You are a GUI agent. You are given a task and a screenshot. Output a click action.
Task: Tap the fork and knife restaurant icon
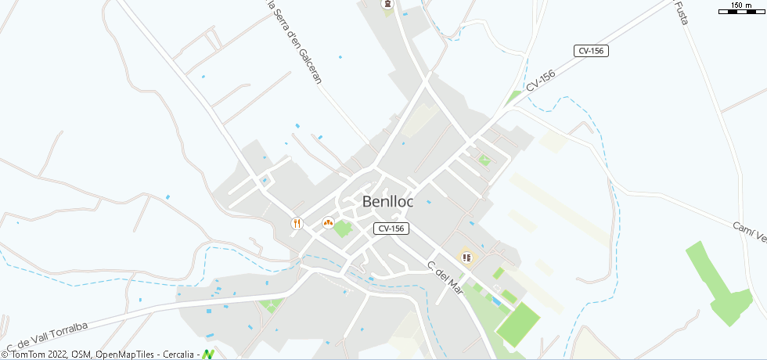coord(297,223)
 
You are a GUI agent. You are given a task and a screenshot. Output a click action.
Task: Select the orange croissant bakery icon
coord(328,222)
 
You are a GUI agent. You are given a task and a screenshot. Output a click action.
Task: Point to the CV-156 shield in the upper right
coord(591,51)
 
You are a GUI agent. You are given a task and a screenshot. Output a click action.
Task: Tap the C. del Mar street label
coord(446,278)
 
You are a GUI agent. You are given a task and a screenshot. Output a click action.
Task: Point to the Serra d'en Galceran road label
coord(304,43)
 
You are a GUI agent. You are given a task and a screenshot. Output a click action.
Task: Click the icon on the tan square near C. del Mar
coord(467,257)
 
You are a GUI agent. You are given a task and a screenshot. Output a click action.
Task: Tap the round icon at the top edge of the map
coord(387,5)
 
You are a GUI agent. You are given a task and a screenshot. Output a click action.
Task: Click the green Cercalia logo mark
coord(208,355)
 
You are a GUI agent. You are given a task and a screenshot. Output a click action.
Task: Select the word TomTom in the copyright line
coord(31,355)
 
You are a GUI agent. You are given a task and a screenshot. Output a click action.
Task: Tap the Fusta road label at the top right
coord(680,13)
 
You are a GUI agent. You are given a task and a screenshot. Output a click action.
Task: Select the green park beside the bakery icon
coord(343,229)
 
